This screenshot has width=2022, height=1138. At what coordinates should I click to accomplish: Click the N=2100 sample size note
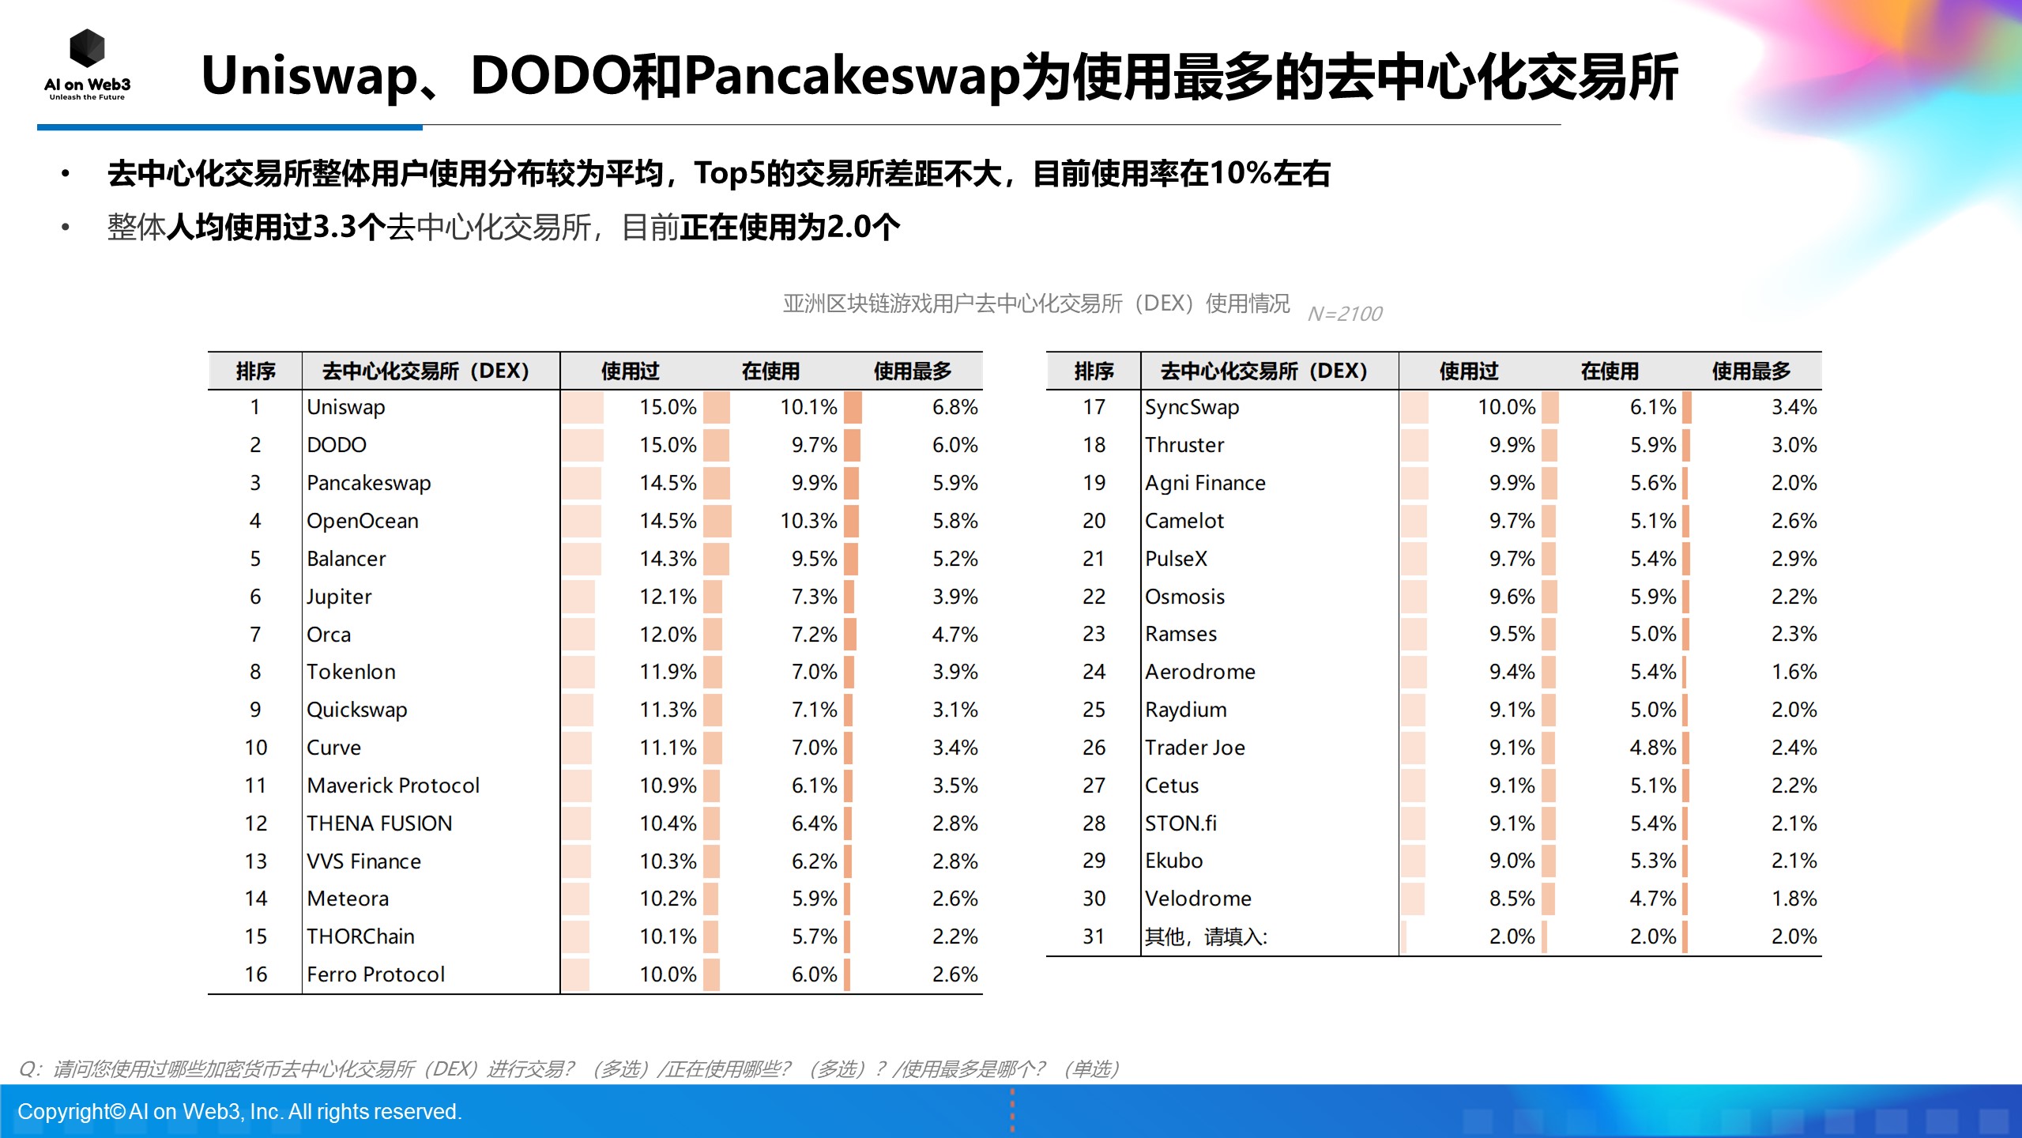[x=1344, y=314]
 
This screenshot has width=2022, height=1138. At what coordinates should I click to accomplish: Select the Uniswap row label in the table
[x=345, y=407]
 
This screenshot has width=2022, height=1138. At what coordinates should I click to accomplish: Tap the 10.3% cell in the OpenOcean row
[x=808, y=521]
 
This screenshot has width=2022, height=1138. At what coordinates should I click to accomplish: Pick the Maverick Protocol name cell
[x=393, y=786]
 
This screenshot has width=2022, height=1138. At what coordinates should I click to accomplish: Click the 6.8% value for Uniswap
[x=955, y=407]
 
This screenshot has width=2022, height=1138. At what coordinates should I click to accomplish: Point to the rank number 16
[x=255, y=974]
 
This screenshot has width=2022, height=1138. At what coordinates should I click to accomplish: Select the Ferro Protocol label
[x=375, y=974]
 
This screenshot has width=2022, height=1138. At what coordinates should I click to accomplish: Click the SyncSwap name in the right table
[x=1192, y=407]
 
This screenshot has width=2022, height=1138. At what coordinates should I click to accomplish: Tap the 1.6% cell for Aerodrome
[x=1794, y=672]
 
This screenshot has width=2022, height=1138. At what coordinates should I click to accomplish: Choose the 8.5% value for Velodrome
[x=1512, y=899]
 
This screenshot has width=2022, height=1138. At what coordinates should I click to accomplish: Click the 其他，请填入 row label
[x=1206, y=936]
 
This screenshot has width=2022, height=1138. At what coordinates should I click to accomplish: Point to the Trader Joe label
[x=1195, y=748]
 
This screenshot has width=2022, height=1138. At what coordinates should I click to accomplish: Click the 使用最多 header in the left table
[x=913, y=371]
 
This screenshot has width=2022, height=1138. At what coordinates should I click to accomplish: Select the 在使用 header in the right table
[x=1610, y=371]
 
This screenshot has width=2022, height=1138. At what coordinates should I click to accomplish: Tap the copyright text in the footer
[x=239, y=1111]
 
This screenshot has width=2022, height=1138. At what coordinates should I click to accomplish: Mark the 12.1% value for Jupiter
[x=668, y=597]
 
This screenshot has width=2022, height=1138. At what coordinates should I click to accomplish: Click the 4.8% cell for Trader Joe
[x=1652, y=748]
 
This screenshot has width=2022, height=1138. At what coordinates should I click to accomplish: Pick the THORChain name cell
[x=360, y=936]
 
